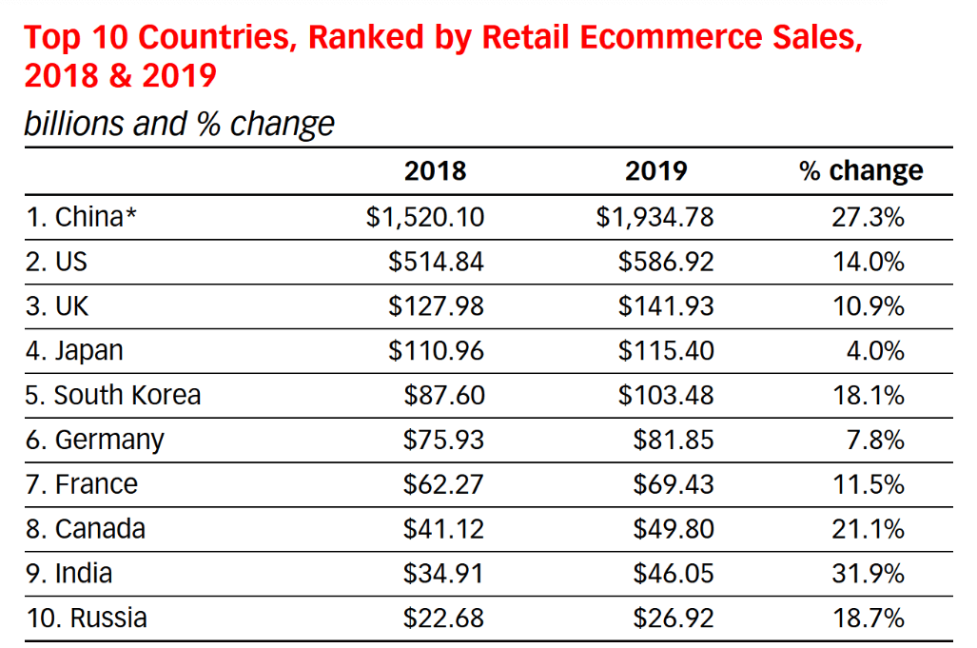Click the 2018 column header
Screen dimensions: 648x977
click(x=435, y=170)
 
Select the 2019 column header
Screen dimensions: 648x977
click(x=655, y=170)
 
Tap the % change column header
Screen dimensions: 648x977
click(x=861, y=170)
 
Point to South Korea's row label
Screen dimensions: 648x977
click(x=113, y=395)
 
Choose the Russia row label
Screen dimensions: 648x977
click(x=87, y=618)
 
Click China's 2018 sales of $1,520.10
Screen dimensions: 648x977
click(x=425, y=217)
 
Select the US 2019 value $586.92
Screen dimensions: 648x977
click(x=666, y=262)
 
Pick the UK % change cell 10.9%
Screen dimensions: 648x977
click(x=867, y=306)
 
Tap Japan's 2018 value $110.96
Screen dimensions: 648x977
click(x=436, y=351)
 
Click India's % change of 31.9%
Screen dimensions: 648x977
click(x=867, y=573)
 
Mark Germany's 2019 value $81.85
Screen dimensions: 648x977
click(x=674, y=440)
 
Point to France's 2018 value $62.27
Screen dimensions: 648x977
click(x=443, y=484)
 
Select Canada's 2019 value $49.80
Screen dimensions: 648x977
click(x=674, y=528)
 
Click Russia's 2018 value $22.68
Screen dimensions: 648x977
click(x=443, y=618)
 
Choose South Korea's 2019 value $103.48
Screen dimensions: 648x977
click(x=666, y=395)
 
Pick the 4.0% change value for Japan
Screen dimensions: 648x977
click(x=875, y=351)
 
